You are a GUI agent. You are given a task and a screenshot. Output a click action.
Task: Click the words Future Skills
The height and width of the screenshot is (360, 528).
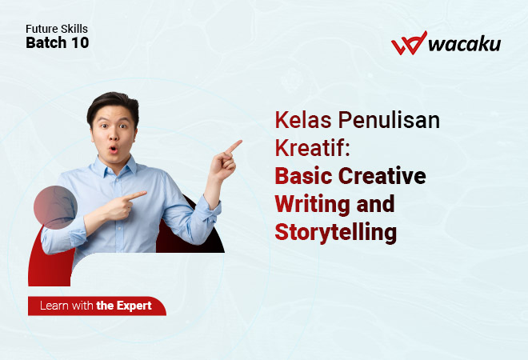[x=57, y=29]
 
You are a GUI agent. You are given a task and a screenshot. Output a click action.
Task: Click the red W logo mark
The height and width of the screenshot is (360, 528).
[x=409, y=42]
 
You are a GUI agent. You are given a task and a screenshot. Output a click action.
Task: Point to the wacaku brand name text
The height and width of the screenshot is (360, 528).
[x=465, y=44]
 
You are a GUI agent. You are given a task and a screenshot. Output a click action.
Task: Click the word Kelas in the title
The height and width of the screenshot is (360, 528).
[x=303, y=120]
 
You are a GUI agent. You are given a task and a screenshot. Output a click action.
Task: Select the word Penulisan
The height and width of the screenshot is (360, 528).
[x=389, y=120]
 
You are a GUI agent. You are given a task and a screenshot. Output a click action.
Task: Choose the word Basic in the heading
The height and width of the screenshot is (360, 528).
[x=303, y=176]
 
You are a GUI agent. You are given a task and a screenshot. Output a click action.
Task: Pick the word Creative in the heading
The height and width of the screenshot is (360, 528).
[x=382, y=176]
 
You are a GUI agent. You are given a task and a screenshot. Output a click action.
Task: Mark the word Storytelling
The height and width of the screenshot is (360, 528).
[x=336, y=233]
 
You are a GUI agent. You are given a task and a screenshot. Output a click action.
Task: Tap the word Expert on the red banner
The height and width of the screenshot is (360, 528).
[x=134, y=306]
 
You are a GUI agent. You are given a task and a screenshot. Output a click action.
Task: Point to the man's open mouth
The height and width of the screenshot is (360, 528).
[x=113, y=149]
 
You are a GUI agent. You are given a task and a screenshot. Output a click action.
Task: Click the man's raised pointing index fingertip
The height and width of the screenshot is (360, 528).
[x=240, y=142]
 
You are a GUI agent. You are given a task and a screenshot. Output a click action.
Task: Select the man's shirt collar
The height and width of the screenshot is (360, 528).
[x=115, y=167]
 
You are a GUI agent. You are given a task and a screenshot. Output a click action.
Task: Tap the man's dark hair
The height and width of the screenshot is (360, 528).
[x=113, y=104]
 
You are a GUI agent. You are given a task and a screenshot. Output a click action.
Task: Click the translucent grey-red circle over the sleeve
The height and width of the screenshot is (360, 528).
[x=55, y=207]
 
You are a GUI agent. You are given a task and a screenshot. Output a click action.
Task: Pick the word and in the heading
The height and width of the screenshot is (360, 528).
[x=375, y=204]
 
